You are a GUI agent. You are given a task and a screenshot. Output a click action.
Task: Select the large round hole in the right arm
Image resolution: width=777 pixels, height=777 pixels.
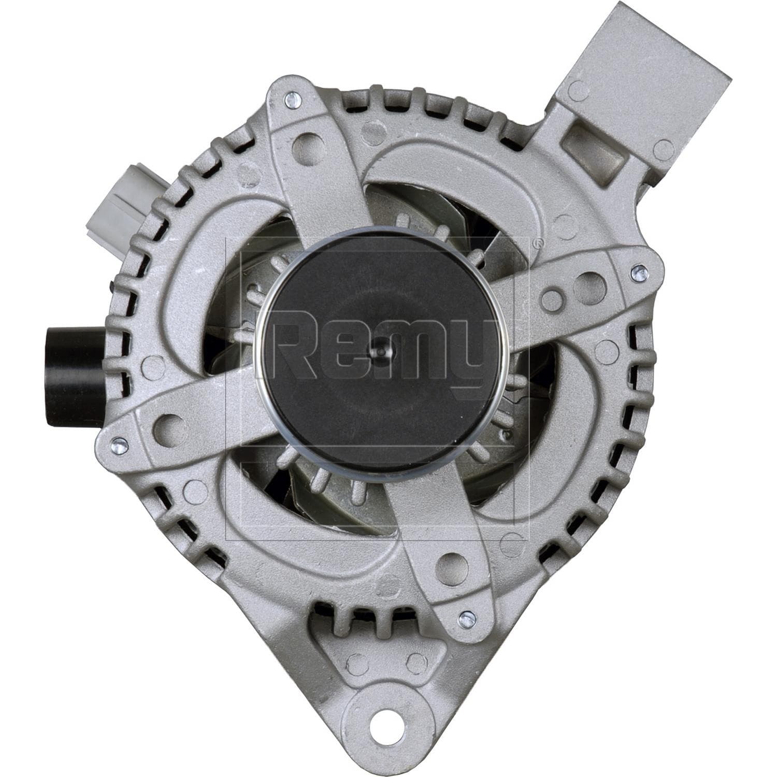coord(585,283)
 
